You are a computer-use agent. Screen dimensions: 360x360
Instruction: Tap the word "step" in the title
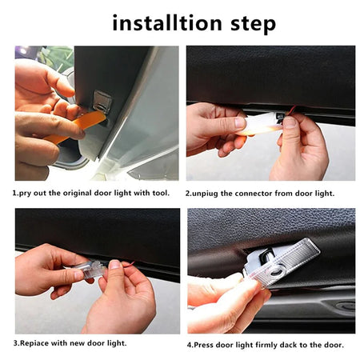click(251, 24)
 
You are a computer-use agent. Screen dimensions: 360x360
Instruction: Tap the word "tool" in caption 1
click(159, 193)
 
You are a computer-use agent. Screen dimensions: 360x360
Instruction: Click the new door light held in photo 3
click(90, 270)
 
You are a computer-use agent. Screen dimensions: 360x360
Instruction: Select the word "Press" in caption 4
click(206, 345)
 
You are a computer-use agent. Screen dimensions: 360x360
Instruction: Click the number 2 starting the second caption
click(189, 193)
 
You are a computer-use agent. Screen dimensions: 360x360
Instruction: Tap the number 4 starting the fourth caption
click(190, 345)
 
